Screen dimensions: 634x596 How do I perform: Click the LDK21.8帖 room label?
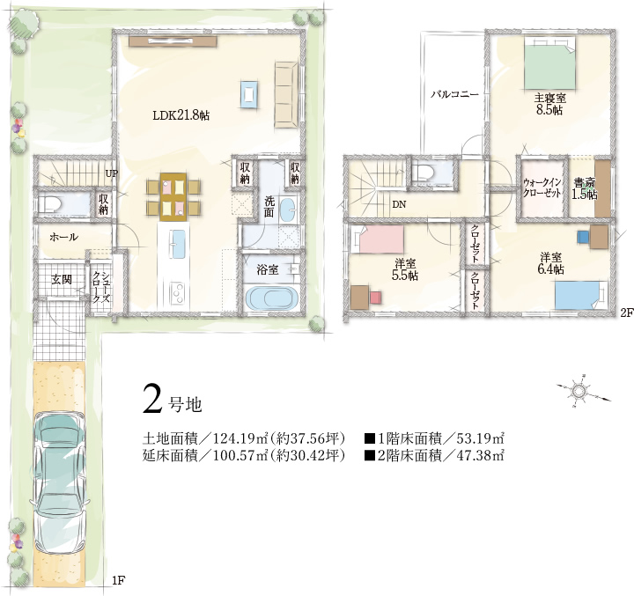click(181, 115)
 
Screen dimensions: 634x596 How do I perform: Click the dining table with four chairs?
click(173, 196)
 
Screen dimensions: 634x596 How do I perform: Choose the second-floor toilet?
click(425, 172)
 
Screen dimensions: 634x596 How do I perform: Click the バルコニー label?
click(454, 94)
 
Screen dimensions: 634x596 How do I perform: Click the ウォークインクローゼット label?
click(542, 188)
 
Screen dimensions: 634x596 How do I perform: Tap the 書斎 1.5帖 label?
click(585, 188)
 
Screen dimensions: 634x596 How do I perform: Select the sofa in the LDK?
click(286, 94)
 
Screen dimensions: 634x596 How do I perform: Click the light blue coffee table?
click(248, 94)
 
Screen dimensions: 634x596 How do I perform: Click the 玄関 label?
click(62, 279)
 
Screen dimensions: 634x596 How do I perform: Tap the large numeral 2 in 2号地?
click(152, 399)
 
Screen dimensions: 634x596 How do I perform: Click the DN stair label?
click(399, 204)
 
